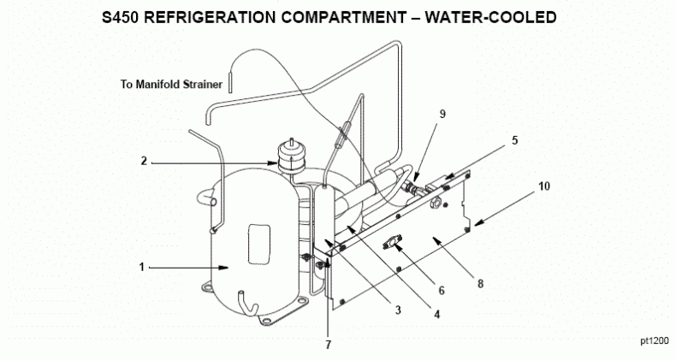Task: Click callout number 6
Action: (442, 290)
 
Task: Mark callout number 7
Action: (326, 345)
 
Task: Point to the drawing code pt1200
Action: (654, 340)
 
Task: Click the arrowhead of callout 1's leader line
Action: (225, 268)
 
